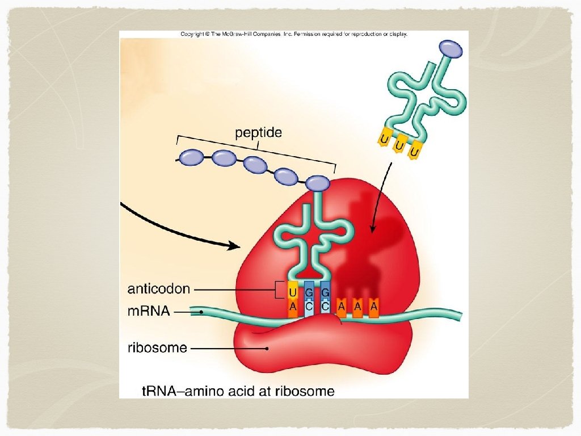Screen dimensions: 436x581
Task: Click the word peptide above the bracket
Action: coord(258,133)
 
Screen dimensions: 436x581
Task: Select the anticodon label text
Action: coord(158,289)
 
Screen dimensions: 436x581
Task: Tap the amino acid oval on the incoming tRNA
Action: coord(451,48)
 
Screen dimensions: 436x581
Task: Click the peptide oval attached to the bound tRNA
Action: coord(317,183)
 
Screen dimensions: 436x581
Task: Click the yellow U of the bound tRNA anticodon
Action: coord(293,292)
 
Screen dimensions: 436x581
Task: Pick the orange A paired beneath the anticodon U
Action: coord(293,307)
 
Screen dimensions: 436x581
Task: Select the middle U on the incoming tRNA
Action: coord(399,147)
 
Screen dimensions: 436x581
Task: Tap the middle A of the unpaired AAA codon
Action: coord(357,306)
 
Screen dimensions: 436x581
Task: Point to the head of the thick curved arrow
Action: coord(235,246)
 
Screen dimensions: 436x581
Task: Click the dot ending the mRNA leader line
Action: coord(201,312)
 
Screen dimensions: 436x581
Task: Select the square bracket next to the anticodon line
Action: coord(278,290)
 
